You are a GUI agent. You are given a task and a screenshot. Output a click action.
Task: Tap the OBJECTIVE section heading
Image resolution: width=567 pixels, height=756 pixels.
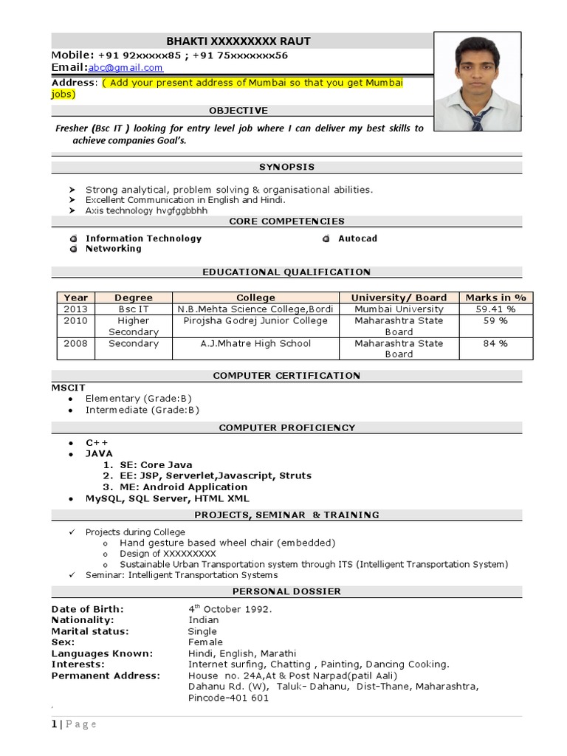pyautogui.click(x=238, y=110)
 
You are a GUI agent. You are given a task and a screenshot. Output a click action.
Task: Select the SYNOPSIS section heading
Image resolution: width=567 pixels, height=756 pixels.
pyautogui.click(x=286, y=168)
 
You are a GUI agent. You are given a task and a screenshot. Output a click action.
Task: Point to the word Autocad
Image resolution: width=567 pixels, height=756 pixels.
pyautogui.click(x=357, y=238)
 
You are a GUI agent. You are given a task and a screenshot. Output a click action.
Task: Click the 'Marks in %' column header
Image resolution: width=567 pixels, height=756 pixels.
pyautogui.click(x=495, y=298)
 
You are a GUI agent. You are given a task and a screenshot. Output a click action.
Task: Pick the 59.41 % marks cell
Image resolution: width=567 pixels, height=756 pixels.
pyautogui.click(x=495, y=309)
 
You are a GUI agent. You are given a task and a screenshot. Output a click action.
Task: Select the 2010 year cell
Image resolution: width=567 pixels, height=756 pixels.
pyautogui.click(x=75, y=321)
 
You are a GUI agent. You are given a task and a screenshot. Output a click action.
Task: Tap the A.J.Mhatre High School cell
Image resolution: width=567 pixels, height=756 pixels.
pyautogui.click(x=255, y=343)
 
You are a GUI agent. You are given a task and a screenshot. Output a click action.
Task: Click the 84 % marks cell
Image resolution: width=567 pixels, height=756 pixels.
pyautogui.click(x=495, y=343)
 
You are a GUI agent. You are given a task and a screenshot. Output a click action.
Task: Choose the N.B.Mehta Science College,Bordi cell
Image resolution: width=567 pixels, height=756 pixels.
pyautogui.click(x=255, y=309)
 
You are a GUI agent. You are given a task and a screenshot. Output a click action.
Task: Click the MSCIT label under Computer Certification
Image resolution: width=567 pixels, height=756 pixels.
pyautogui.click(x=69, y=387)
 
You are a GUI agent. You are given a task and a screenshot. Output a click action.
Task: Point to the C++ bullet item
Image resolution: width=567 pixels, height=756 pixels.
pyautogui.click(x=97, y=443)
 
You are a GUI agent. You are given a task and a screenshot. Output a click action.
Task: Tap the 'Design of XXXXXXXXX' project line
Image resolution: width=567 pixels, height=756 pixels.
pyautogui.click(x=168, y=554)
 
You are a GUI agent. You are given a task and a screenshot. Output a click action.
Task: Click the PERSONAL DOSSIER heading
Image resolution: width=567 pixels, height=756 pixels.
pyautogui.click(x=286, y=591)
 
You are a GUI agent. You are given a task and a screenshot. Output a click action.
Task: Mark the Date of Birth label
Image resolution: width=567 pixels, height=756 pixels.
pyautogui.click(x=87, y=609)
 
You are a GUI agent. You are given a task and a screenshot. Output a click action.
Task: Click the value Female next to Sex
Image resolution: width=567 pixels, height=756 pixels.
pyautogui.click(x=205, y=642)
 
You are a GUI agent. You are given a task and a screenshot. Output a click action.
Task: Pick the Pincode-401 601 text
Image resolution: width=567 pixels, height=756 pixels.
pyautogui.click(x=228, y=698)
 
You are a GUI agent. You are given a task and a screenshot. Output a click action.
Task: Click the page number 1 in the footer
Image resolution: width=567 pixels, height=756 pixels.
pyautogui.click(x=54, y=724)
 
